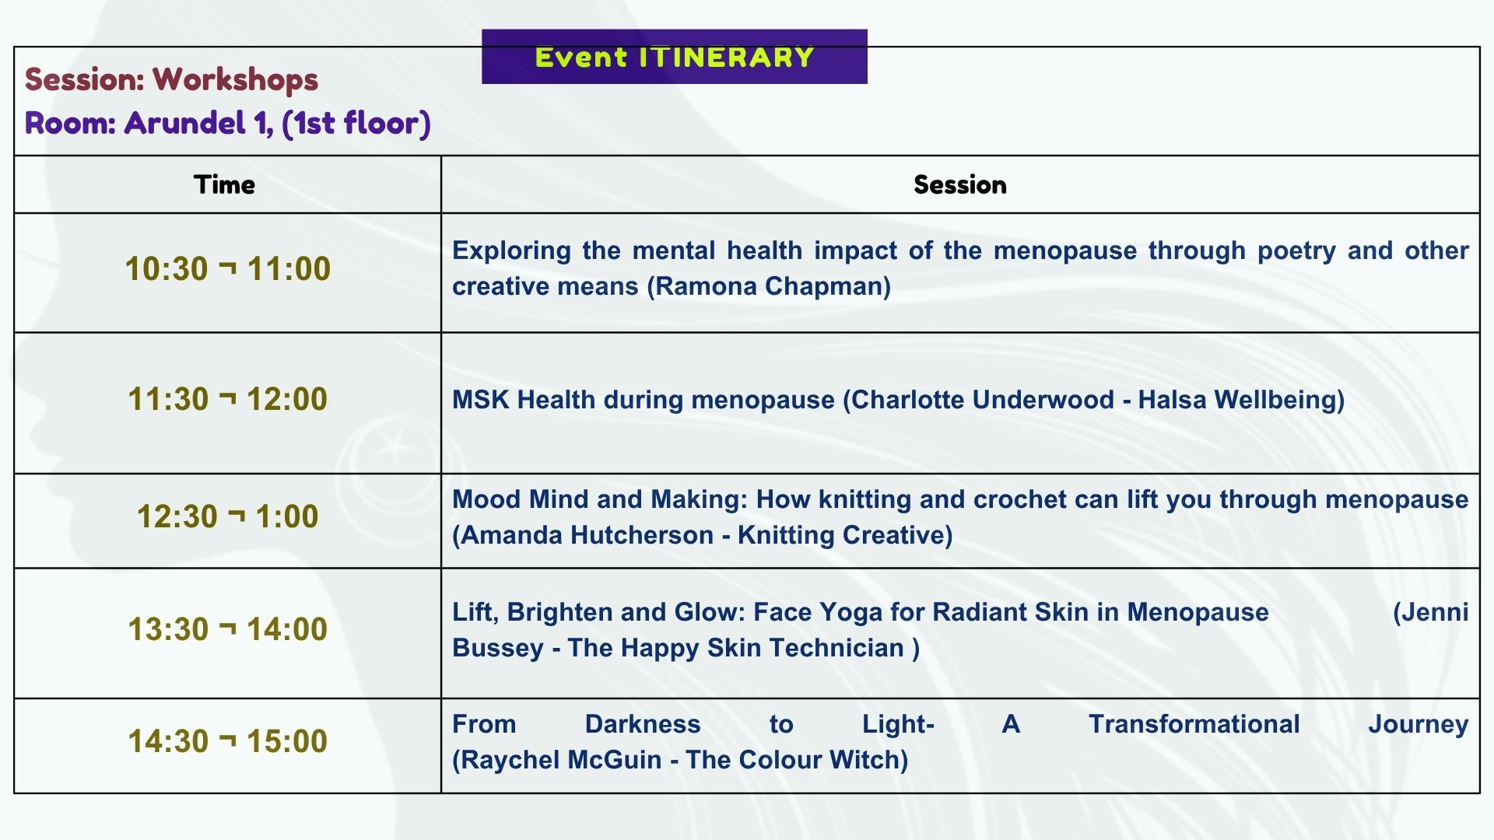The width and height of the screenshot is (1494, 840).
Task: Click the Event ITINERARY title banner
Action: tap(674, 57)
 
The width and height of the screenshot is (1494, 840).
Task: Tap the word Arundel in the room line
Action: tap(184, 123)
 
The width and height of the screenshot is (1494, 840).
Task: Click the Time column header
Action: tap(224, 184)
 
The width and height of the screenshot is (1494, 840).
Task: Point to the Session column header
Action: tap(959, 184)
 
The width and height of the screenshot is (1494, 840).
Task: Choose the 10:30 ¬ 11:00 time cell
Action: tap(227, 269)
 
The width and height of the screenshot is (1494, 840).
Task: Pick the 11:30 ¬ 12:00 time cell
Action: tap(227, 399)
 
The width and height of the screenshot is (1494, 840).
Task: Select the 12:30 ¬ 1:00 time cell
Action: tap(227, 516)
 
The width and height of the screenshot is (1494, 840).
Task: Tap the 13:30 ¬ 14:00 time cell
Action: tap(227, 629)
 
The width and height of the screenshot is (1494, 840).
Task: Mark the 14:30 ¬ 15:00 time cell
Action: tap(227, 741)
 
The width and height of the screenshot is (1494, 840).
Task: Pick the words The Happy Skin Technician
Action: tap(736, 648)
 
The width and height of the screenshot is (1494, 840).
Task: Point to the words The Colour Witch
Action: tap(793, 760)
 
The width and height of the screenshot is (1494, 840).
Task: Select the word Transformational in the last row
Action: tap(1194, 724)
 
